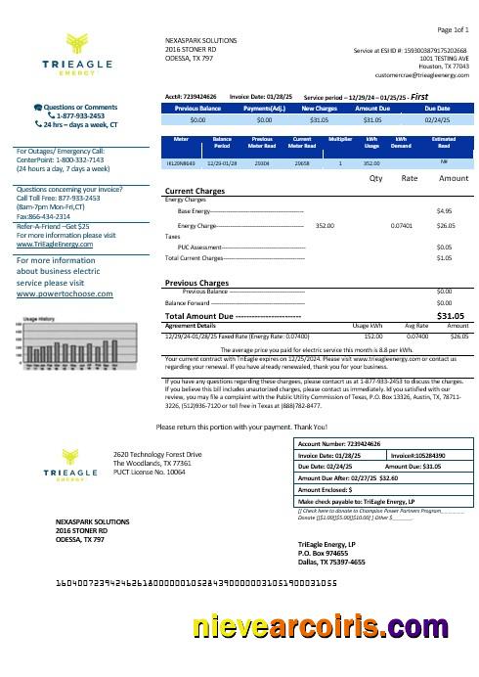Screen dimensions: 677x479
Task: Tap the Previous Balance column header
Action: point(197,108)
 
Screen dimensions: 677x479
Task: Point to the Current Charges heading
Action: point(196,191)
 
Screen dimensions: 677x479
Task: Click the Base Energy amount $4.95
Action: point(443,210)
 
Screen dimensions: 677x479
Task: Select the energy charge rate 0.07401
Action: point(401,225)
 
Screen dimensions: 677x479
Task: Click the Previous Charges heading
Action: point(198,283)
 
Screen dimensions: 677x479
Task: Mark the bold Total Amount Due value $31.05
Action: point(450,317)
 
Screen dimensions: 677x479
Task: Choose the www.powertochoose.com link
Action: point(61,293)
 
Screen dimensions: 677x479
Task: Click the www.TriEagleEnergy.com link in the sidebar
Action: point(49,244)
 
